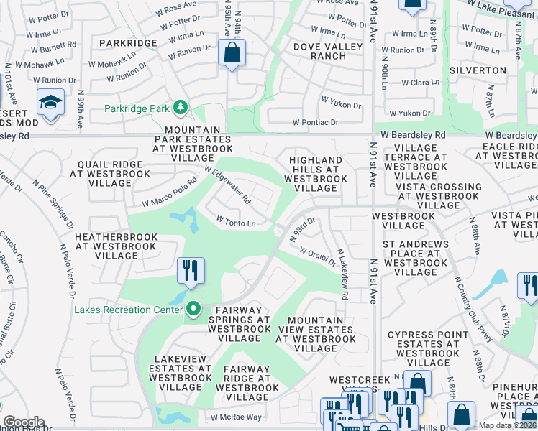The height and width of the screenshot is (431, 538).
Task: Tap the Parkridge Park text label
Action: click(136, 109)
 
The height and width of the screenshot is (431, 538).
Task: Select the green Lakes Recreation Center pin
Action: click(193, 310)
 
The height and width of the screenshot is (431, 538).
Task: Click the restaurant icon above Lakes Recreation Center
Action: click(191, 271)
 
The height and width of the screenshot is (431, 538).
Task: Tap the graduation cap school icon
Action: click(50, 102)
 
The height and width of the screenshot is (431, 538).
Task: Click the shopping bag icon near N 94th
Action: click(232, 52)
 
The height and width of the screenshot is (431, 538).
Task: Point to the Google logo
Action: click(24, 422)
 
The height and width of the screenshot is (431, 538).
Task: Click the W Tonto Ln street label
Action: click(236, 223)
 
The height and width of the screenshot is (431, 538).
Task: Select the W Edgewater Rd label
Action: click(227, 185)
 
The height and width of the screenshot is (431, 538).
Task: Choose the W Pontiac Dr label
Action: click(315, 123)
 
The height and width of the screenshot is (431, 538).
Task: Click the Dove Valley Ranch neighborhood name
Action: click(319, 51)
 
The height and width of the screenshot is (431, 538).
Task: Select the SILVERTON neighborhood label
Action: click(478, 70)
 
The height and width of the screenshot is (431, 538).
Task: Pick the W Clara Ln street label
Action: click(420, 83)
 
